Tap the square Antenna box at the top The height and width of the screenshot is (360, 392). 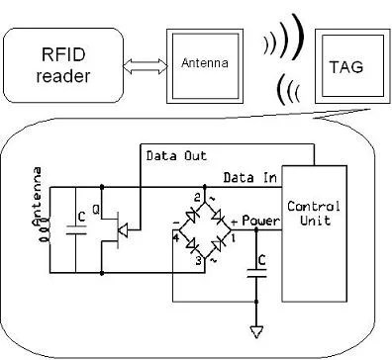click(203, 62)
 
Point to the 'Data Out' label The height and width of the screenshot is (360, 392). click(177, 155)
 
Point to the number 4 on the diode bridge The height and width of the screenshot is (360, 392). click(174, 237)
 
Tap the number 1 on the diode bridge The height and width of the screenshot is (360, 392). click(234, 237)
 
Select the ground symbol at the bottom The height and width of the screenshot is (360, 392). click(255, 330)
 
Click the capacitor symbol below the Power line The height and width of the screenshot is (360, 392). click(255, 279)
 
